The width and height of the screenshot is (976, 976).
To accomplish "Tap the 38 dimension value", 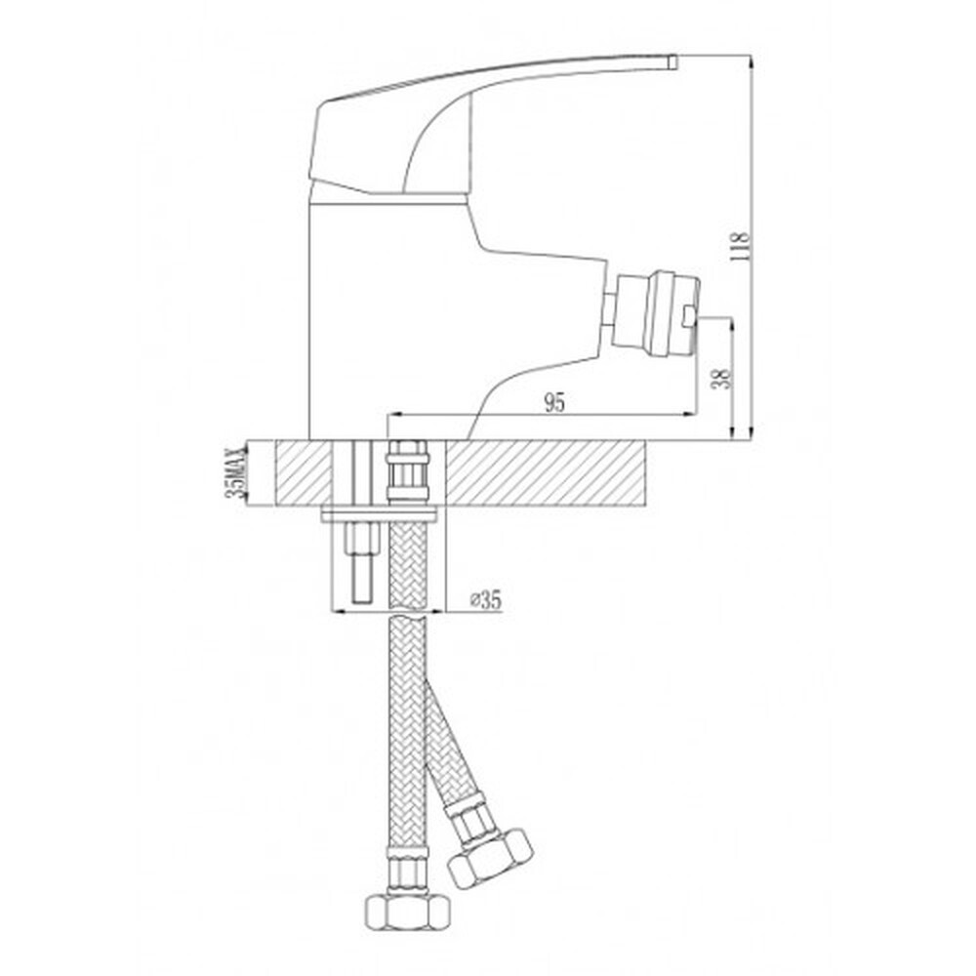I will click(x=720, y=378).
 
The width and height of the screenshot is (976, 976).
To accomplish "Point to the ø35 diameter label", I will click(x=484, y=602).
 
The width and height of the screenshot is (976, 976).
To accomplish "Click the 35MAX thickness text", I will click(x=234, y=474).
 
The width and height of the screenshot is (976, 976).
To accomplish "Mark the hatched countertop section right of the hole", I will click(x=547, y=473).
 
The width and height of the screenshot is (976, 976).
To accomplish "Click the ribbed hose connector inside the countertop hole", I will click(x=408, y=474).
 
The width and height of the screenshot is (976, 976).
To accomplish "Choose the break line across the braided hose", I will click(x=408, y=616).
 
